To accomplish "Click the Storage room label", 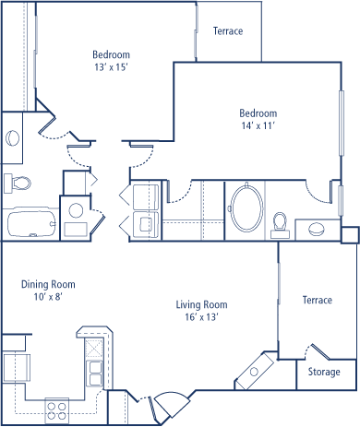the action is pos(324,372).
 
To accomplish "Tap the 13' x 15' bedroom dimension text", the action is pos(111,67).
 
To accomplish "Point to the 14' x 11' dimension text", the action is pos(258,125).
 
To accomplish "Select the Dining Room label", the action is pos(48,284).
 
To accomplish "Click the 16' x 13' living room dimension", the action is pos(201,316).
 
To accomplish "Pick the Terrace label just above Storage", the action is pos(318,300).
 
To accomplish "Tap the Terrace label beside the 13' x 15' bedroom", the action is pos(228,31).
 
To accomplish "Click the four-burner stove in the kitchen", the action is pos(57,410).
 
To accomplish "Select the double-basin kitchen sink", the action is pos(94,374).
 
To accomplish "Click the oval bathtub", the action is pos(246,208).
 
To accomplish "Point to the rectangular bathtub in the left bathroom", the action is pos(31,222).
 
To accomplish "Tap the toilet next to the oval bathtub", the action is pos(280,225).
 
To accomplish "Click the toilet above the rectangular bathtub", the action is pos(18,184).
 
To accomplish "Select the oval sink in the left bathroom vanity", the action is pos(12,137).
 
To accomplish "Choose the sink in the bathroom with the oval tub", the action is pos(317,230).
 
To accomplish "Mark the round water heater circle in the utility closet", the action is pos(76,210).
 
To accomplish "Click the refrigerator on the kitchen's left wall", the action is pos(17,368).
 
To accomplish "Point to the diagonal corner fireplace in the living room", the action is pos(254,372).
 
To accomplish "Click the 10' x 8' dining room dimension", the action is pos(48,297).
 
